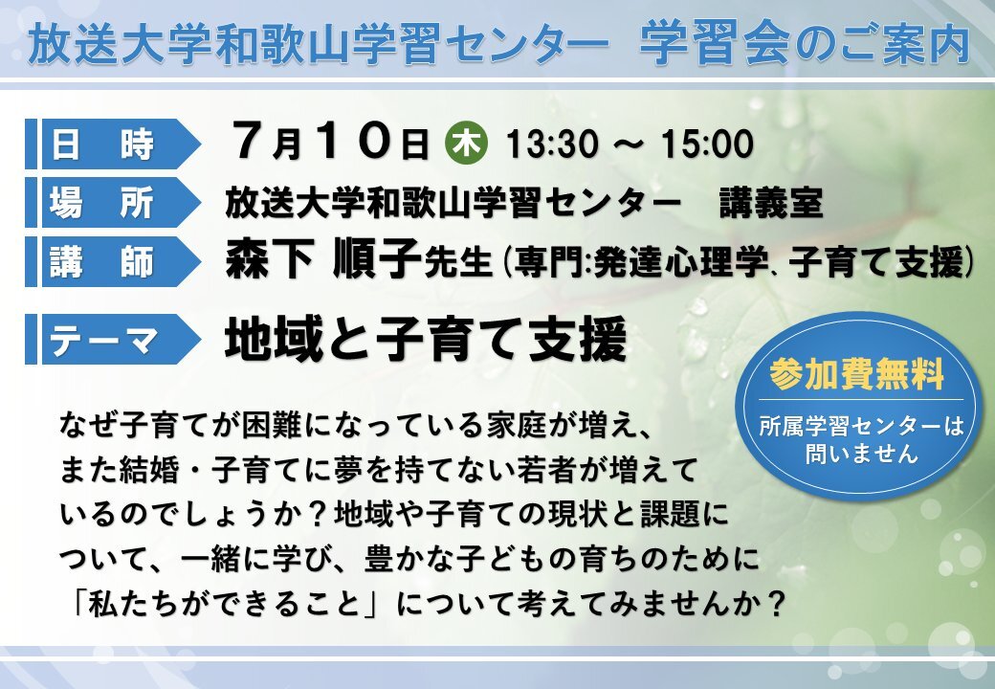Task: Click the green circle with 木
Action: coord(467,144)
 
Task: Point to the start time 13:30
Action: coord(551,144)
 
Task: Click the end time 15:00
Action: coord(707,144)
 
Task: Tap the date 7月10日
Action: coord(331,142)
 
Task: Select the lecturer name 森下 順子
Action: coord(323,258)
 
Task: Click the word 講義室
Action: coord(771,203)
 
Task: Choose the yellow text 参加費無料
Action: coord(856,373)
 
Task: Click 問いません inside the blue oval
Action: coord(862,454)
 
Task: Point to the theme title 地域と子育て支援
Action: coord(426,340)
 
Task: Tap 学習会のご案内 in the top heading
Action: coord(805,44)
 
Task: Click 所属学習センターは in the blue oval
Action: coord(861,426)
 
